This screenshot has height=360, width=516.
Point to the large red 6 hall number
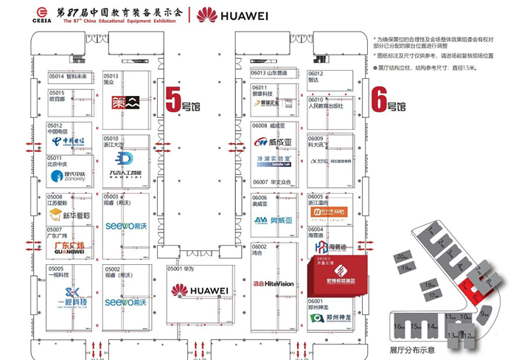tap(379, 98)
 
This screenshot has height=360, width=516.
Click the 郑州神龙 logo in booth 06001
tap(326, 319)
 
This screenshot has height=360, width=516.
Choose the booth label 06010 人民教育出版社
tap(326, 103)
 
